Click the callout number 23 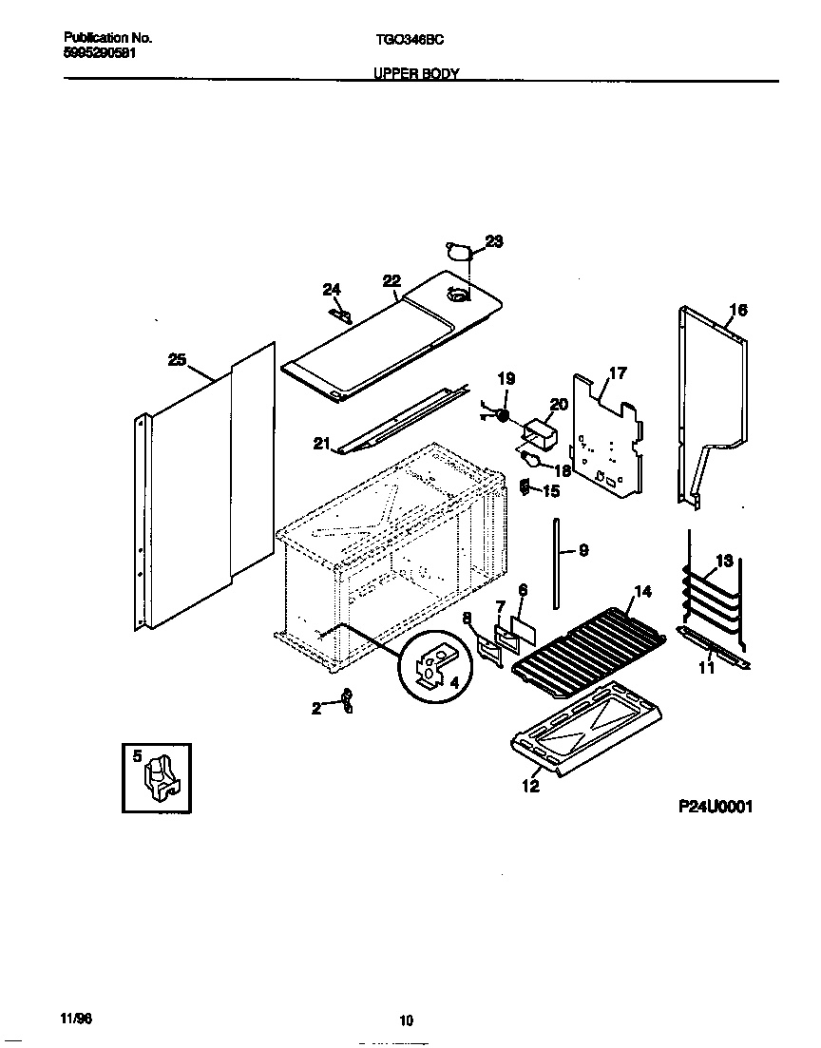point(494,241)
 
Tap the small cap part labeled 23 point(460,252)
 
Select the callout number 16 point(738,310)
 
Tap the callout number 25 point(177,359)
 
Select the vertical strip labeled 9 point(555,555)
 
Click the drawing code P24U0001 point(715,807)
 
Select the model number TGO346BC point(404,40)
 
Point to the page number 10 point(406,1021)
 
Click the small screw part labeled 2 point(348,701)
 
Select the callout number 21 point(320,443)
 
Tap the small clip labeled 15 point(524,487)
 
